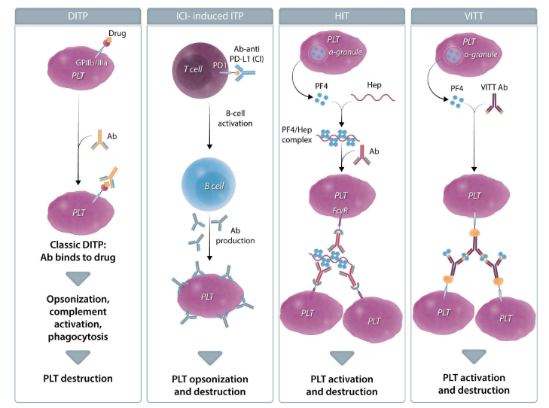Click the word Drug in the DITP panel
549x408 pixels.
coord(116,34)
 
